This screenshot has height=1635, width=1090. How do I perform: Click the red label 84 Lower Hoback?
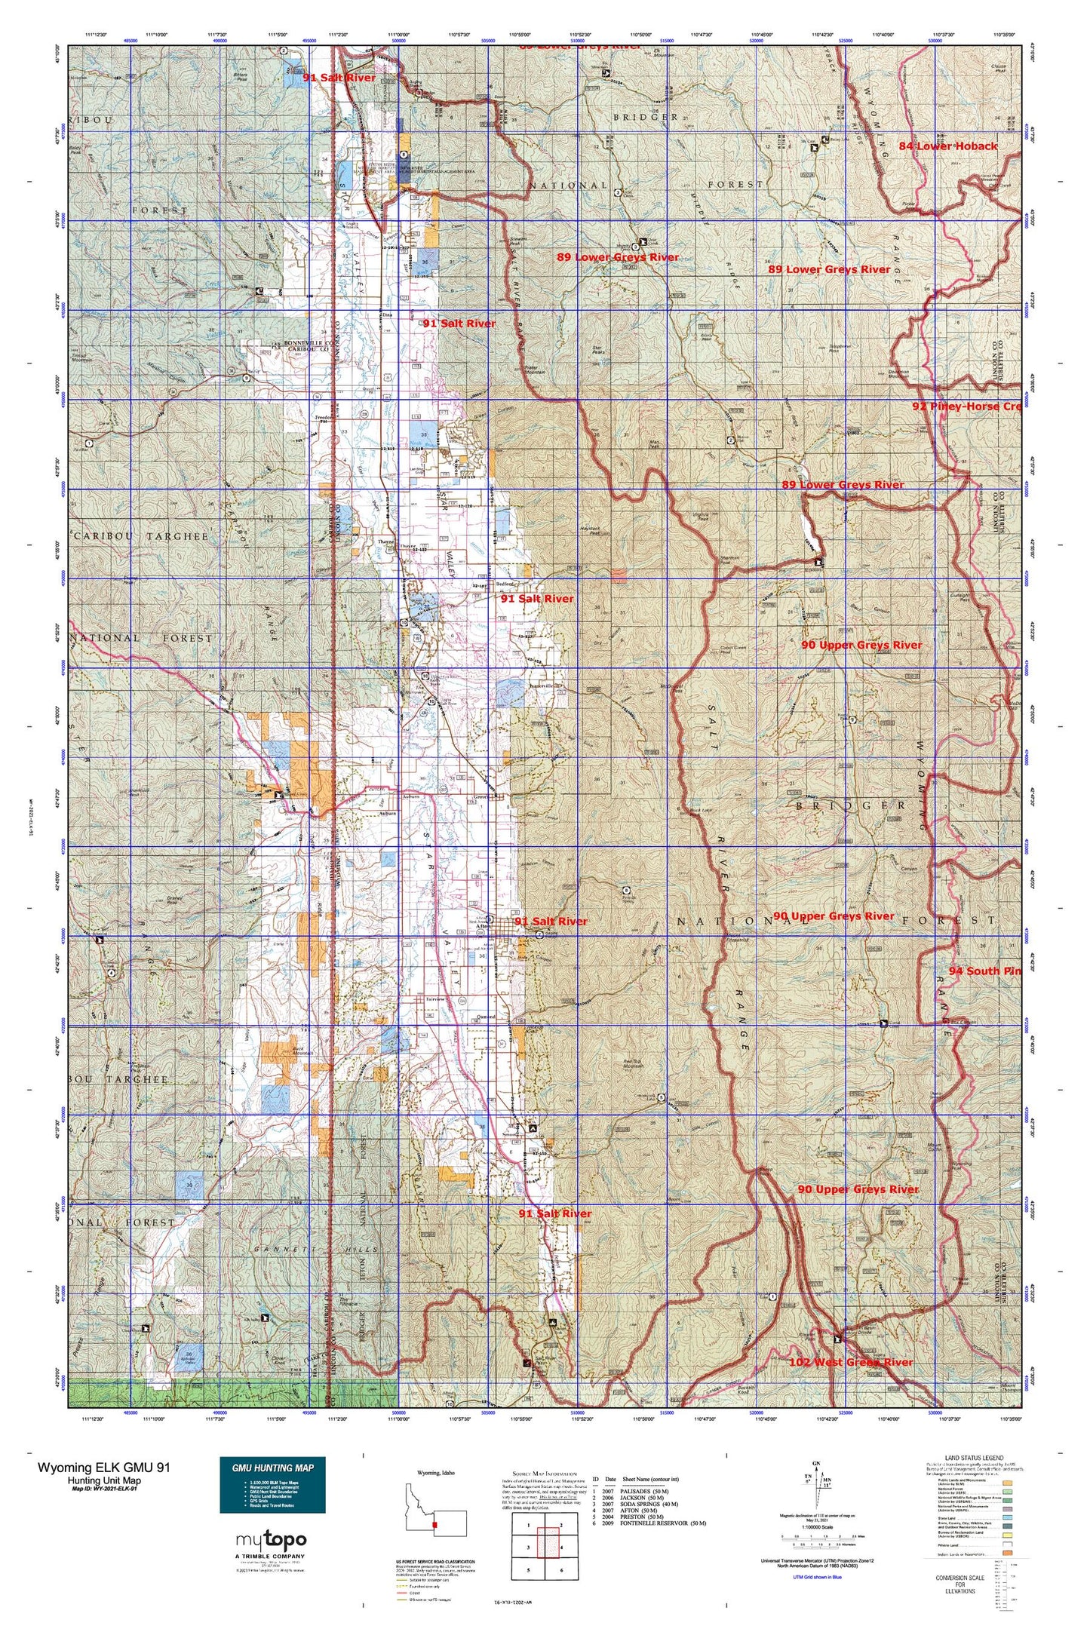[x=947, y=146]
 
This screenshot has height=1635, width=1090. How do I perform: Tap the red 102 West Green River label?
[x=850, y=1362]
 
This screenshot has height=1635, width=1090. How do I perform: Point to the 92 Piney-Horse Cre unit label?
[x=966, y=406]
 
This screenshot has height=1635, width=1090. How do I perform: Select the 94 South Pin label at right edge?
[x=984, y=971]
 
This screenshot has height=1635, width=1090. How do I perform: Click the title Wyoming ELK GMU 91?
[x=105, y=1467]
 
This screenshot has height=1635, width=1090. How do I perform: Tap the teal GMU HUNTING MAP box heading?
[x=272, y=1468]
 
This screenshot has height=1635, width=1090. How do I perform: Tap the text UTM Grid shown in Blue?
[x=818, y=1576]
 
